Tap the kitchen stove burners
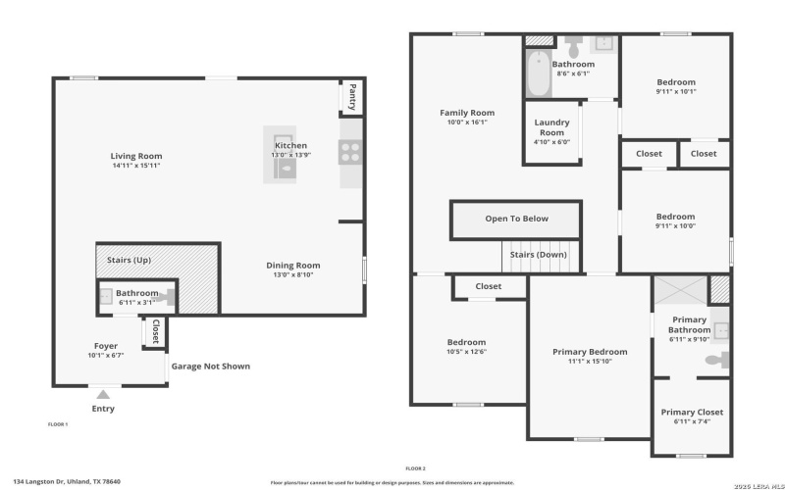(350, 150)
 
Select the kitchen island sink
(284, 170)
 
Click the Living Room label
(136, 156)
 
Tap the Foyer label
(105, 346)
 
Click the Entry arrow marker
(103, 394)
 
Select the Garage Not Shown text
(211, 367)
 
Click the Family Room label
(466, 113)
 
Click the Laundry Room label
(551, 127)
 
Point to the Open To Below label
(516, 219)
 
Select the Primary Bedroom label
(589, 352)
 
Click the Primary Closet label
(691, 413)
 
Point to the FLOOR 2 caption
(416, 468)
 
